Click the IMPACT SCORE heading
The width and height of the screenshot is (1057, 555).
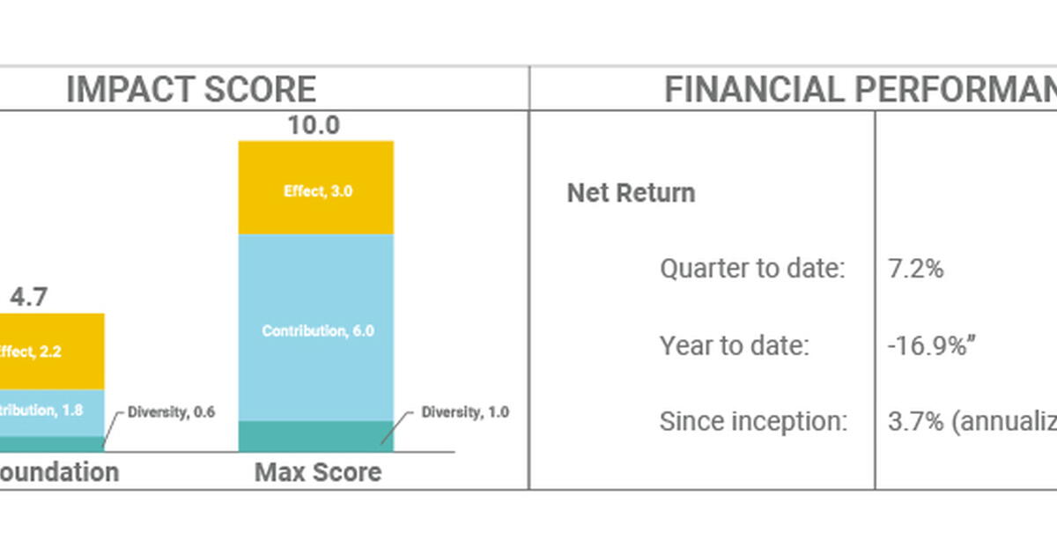[x=190, y=90]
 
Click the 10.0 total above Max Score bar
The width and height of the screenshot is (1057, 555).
[x=314, y=126]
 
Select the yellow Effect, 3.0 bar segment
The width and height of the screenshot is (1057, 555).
[x=316, y=189]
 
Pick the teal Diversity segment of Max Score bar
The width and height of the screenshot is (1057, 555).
[x=316, y=436]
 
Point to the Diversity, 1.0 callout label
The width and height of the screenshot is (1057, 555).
[x=464, y=412]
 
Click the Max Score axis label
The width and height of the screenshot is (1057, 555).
[x=317, y=472]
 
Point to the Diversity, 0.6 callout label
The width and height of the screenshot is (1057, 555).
[x=171, y=412]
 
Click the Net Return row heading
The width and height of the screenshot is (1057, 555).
[x=631, y=193]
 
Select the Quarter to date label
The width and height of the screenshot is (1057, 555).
[x=752, y=269]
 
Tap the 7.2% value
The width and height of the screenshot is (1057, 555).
[x=915, y=269]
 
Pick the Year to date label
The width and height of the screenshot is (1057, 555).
[x=734, y=345]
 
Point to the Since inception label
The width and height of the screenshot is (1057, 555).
[x=753, y=422]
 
